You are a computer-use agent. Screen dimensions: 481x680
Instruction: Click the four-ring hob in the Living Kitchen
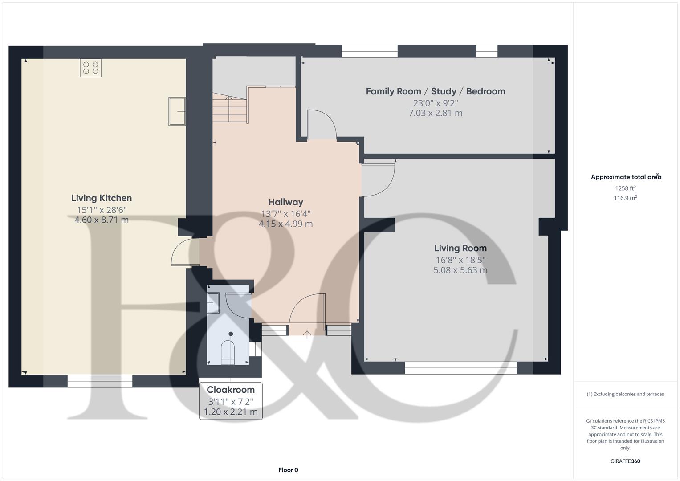tap(90, 68)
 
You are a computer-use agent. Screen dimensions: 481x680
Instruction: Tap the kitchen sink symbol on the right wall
tap(177, 111)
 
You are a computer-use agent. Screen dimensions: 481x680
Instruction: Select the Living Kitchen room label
tap(102, 198)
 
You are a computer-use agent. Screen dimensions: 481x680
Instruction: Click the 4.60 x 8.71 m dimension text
tap(102, 220)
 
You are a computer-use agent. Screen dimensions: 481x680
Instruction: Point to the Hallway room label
tap(285, 202)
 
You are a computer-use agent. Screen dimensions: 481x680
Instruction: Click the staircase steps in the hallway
tap(229, 109)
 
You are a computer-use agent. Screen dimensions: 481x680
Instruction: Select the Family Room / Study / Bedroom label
tap(435, 91)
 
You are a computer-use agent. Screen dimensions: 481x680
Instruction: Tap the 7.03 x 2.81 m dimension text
tap(435, 113)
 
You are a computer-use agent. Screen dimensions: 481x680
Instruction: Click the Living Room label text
tap(460, 248)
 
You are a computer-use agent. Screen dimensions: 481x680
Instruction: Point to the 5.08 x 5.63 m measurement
tap(460, 270)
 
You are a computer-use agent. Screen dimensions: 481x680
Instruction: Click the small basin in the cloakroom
tap(213, 303)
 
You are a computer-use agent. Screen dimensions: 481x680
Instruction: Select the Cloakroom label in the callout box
tap(230, 390)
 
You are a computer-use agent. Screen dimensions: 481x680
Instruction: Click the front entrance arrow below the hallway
tap(307, 334)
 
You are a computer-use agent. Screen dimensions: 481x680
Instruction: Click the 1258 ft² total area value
tap(625, 188)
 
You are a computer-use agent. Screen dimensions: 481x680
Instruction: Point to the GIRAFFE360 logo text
tap(625, 461)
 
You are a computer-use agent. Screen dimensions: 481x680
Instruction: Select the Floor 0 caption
tap(288, 470)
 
